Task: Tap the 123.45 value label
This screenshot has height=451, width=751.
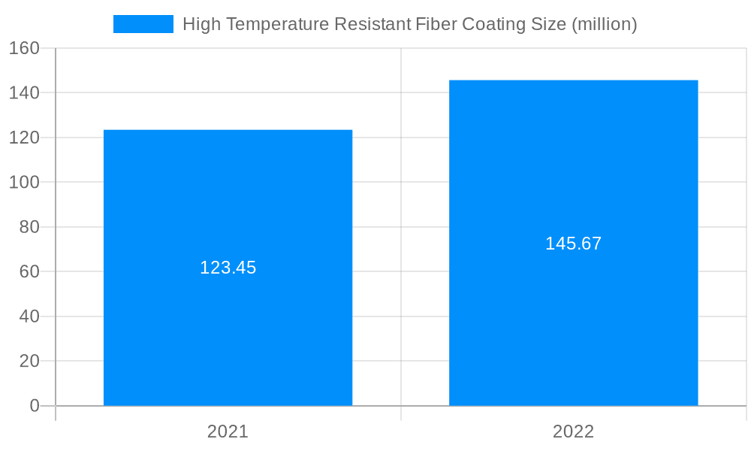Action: pos(228,268)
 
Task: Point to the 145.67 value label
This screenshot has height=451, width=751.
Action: pos(573,244)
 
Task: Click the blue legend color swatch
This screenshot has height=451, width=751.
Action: pos(143,24)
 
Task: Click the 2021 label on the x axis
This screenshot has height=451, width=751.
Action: pos(228,431)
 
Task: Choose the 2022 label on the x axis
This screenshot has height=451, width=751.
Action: pos(573,431)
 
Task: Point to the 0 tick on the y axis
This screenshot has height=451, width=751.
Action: pos(34,406)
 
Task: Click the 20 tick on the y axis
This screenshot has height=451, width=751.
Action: pos(29,361)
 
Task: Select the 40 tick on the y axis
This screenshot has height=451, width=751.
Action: pos(29,316)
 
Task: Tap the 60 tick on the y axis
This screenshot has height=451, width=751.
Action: pos(29,271)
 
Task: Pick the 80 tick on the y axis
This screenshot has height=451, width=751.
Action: pos(29,227)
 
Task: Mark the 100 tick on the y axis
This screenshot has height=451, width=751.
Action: pos(25,182)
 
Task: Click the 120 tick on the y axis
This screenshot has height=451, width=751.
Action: pos(25,138)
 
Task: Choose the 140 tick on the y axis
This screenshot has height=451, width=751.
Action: pos(25,92)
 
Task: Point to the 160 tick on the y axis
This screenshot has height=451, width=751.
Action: pos(25,48)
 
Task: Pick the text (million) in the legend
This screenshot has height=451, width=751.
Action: pos(604,24)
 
